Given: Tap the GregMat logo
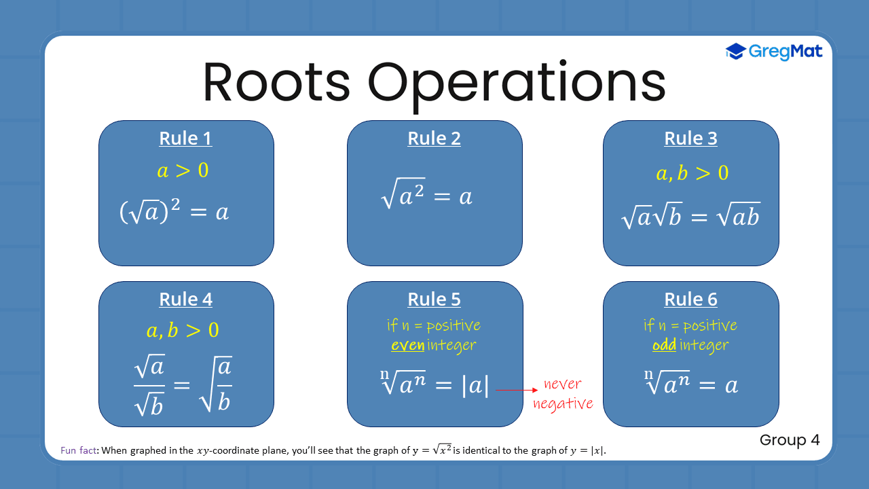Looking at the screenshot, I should point(774,51).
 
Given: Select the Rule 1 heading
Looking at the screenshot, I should point(185,139).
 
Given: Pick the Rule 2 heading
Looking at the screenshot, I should point(434,139).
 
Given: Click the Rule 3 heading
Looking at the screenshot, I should point(690,139).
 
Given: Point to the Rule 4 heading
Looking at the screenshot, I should point(185,300).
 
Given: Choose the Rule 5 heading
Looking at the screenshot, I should point(434,300).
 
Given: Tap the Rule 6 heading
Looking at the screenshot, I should point(690,300).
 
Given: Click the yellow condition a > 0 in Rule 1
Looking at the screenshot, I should point(183,170).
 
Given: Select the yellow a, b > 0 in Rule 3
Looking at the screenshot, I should point(692,173).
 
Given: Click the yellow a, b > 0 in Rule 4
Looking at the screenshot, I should point(183,331).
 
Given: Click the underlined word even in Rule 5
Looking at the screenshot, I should point(407,346).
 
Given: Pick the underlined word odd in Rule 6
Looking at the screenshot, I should point(664,346).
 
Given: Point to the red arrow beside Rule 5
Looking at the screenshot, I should point(517,390).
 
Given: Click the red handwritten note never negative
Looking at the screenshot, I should point(562,394).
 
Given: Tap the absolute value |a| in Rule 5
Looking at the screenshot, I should point(475,386).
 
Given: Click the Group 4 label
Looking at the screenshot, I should point(790,440).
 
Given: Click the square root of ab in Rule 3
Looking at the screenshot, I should point(736,217).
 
